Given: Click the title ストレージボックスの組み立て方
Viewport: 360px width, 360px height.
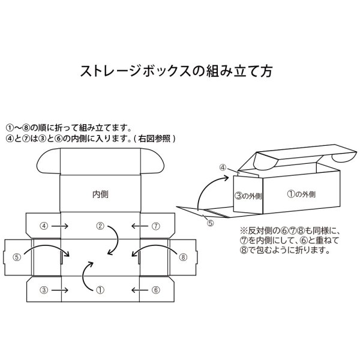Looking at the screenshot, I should click(177, 71).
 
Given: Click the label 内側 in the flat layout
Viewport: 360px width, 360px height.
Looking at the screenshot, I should click(100, 194).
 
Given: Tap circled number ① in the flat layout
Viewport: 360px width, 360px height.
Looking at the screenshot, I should click(100, 290).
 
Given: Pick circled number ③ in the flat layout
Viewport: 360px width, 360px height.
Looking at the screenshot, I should click(43, 290).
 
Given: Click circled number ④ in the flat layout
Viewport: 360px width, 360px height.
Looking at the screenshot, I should click(43, 226).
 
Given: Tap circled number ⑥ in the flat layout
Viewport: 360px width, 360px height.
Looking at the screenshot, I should click(155, 290).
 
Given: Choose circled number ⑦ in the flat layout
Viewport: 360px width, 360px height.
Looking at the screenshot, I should click(155, 226).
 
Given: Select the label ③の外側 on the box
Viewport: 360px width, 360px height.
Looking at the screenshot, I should click(248, 195).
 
